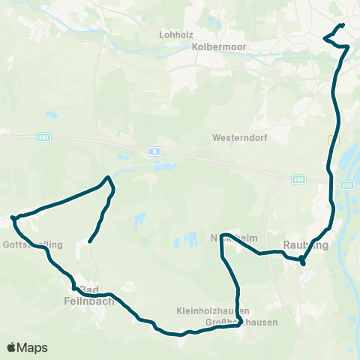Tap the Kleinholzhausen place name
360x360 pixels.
213,310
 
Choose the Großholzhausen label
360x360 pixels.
241,322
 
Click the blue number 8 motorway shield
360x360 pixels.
154,150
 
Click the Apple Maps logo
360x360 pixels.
27,347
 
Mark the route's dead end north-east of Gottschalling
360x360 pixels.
89,241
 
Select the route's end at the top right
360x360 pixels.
343,25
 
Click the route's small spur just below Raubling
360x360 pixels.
302,263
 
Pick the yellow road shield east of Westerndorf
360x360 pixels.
332,139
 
